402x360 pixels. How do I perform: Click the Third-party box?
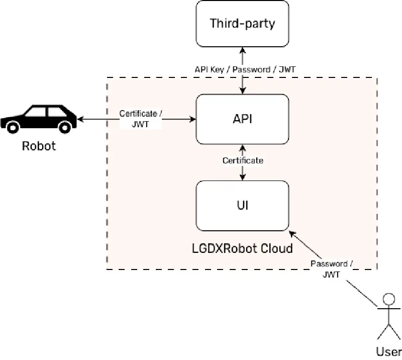tap(243, 24)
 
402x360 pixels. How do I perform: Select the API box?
tap(243, 119)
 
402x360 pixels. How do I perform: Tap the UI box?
tap(243, 206)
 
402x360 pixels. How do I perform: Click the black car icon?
tap(38, 118)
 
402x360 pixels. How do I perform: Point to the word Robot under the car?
tap(39, 146)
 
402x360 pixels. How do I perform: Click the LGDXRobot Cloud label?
tap(243, 248)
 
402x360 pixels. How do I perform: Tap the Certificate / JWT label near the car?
tap(141, 119)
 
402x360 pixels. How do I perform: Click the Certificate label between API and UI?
tap(243, 160)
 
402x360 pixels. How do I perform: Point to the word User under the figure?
tap(388, 351)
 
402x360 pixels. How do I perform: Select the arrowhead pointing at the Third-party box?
tap(243, 50)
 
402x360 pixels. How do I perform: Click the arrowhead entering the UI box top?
tap(243, 177)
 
